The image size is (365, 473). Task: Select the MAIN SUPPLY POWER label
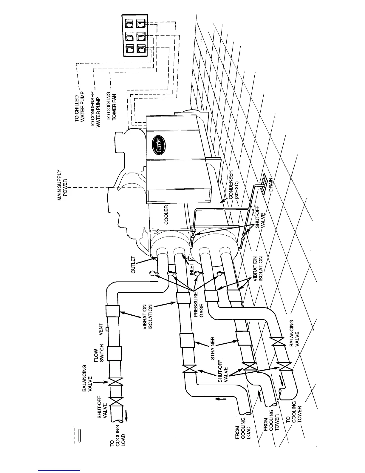[x=62, y=185]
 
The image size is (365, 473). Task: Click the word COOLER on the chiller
[x=166, y=214]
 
